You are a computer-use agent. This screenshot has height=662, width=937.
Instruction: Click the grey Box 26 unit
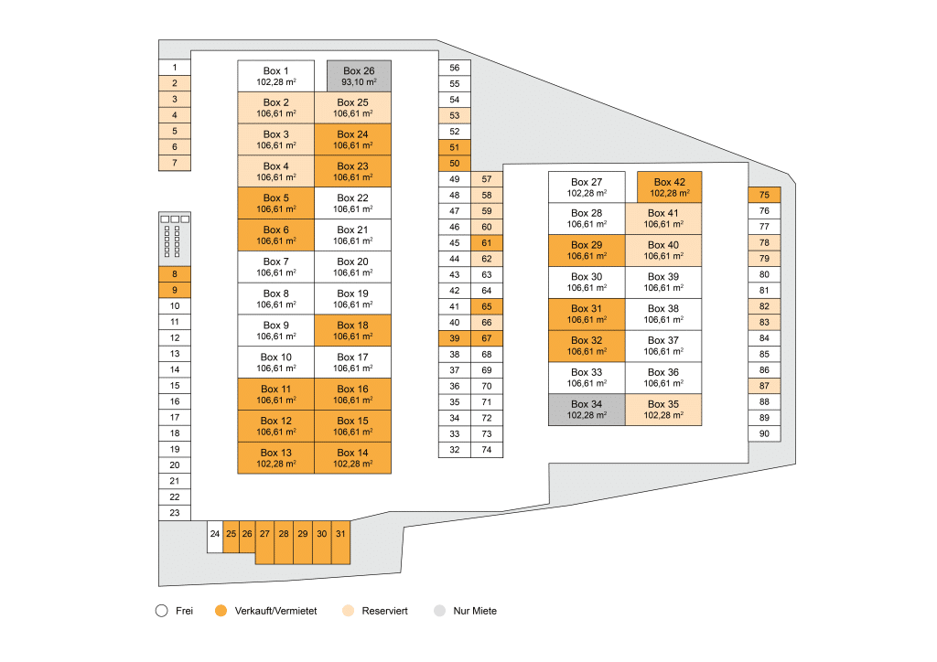coord(359,77)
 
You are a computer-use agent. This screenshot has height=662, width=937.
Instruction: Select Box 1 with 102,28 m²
coord(276,77)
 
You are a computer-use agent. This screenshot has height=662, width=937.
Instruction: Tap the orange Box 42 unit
coord(669,187)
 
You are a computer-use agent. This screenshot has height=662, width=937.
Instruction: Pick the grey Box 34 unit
coord(587,410)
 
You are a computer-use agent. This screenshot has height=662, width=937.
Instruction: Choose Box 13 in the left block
coord(276,458)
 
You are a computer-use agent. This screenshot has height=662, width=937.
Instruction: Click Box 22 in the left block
coord(352,204)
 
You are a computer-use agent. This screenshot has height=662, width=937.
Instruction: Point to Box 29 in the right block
coord(587,251)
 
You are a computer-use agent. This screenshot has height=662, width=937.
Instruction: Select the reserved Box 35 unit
coord(663,410)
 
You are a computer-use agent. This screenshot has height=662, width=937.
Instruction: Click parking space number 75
coord(764,195)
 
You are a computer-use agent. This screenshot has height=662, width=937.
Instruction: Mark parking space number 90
coord(764,434)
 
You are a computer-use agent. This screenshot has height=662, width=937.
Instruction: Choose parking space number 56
coord(455,68)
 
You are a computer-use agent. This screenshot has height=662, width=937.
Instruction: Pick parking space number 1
coord(175,68)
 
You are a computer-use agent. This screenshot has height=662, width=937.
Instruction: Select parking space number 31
coord(340,542)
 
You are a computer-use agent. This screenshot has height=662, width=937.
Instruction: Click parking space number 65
coord(487,307)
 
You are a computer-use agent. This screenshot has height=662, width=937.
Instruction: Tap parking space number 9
coord(175,290)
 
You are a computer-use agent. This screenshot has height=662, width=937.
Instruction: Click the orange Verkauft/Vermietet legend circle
coord(221,611)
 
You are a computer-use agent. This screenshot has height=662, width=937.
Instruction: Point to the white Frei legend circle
coord(161,611)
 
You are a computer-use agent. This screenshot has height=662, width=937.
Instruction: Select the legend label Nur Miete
coord(475,611)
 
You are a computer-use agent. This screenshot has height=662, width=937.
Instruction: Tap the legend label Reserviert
coord(385,611)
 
